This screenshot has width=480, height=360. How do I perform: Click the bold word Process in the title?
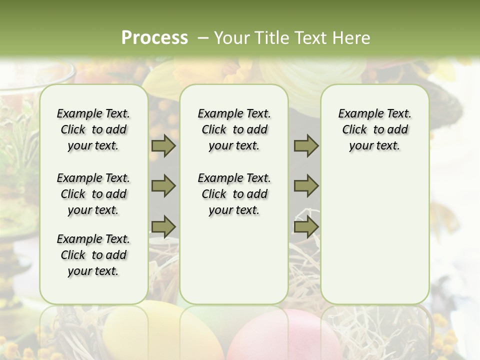click(x=154, y=37)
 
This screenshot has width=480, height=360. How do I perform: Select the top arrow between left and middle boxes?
click(x=163, y=145)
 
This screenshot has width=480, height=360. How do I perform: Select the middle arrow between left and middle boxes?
click(x=163, y=186)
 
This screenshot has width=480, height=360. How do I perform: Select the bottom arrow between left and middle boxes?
click(x=163, y=226)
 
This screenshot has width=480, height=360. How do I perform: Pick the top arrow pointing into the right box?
click(x=306, y=145)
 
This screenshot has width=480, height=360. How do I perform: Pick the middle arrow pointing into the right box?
click(x=306, y=186)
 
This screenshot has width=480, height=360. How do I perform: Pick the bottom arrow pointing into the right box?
click(x=306, y=226)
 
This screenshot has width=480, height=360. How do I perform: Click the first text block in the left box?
click(x=93, y=129)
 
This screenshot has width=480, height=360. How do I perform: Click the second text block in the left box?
click(x=93, y=194)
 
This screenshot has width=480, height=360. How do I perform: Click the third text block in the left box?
click(x=93, y=255)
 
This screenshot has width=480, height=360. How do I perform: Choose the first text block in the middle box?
click(x=234, y=129)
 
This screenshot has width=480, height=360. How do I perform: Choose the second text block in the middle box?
click(x=234, y=194)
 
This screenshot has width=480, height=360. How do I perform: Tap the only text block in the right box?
click(x=374, y=129)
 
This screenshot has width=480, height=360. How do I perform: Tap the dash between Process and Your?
click(x=203, y=37)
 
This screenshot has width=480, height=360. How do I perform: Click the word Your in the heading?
click(x=232, y=37)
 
